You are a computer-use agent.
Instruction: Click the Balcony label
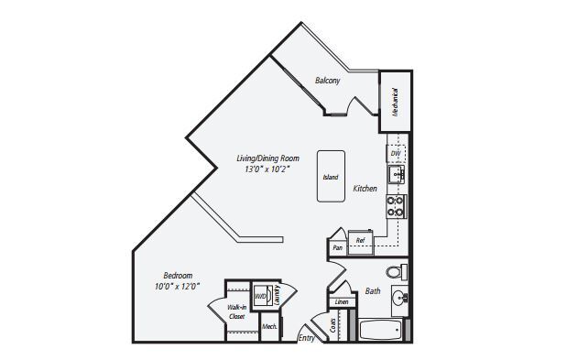[327, 81]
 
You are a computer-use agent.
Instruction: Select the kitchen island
[331, 176]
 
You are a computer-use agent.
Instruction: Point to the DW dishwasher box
[396, 153]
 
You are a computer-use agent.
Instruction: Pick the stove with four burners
[396, 206]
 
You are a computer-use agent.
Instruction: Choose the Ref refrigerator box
[360, 240]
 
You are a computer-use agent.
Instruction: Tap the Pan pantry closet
[337, 247]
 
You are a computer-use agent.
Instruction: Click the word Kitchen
[365, 189]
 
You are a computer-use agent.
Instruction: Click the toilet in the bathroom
[394, 271]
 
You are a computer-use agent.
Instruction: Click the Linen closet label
[341, 301]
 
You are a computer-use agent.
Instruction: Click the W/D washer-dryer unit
[260, 296]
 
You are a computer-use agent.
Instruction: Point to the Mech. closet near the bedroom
[269, 325]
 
